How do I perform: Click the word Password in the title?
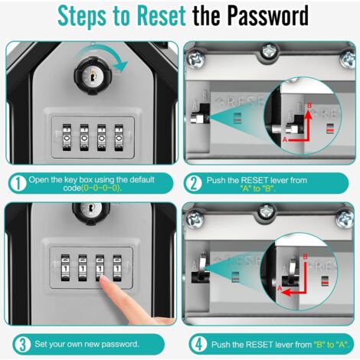268,16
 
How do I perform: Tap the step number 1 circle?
18,183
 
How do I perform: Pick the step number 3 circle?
22,345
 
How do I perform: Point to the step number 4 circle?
198,345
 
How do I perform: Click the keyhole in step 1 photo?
93,76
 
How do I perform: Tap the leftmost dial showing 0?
67,138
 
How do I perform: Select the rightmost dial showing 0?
119,138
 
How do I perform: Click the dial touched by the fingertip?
100,268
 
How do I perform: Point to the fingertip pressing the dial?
104,280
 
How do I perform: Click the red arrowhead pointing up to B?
309,115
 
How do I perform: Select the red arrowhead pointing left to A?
287,292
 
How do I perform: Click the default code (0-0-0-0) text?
101,188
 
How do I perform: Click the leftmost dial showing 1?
65,268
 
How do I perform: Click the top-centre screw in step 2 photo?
270,52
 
